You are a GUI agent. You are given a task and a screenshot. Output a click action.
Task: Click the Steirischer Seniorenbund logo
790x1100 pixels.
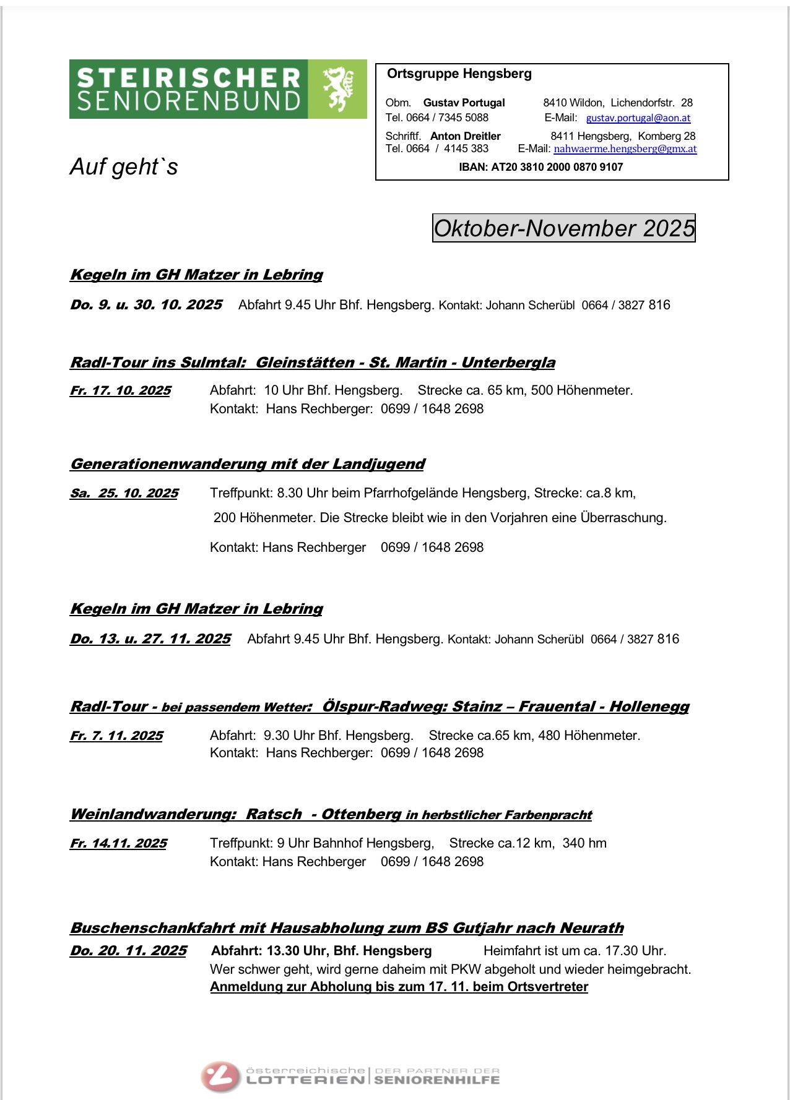(x=217, y=89)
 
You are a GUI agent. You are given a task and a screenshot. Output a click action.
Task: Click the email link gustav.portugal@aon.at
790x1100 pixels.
(x=638, y=118)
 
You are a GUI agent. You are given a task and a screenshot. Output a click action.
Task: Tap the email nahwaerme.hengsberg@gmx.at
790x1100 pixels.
(x=625, y=149)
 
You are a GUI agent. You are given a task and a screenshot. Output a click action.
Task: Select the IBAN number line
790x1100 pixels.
(x=540, y=167)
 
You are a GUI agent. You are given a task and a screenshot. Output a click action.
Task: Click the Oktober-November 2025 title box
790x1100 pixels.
(x=563, y=228)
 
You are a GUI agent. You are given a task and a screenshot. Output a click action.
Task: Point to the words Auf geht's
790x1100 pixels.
(x=124, y=167)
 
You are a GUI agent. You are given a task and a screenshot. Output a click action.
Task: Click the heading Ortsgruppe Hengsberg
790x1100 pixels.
(x=459, y=74)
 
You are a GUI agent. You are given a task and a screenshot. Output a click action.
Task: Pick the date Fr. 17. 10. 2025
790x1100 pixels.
(x=120, y=391)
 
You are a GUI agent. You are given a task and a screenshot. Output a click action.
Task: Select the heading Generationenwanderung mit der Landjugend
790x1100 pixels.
(x=247, y=464)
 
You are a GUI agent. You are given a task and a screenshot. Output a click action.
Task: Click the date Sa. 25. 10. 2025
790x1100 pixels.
(x=124, y=494)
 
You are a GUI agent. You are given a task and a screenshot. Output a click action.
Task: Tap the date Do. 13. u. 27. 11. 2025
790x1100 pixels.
(x=150, y=639)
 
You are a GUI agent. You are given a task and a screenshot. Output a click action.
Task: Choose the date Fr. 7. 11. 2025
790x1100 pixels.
(x=116, y=736)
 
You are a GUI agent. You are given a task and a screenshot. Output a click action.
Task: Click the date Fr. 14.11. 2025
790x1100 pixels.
(x=118, y=844)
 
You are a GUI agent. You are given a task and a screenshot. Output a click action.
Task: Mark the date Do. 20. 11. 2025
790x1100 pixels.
(x=128, y=951)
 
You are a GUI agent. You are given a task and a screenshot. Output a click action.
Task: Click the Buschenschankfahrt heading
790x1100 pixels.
(x=347, y=928)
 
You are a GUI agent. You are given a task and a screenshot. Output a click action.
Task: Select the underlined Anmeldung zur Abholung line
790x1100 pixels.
(x=399, y=987)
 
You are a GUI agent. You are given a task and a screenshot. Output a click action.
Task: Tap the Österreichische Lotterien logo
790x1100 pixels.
(x=350, y=1076)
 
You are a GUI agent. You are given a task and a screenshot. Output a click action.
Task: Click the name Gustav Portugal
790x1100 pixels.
(x=464, y=103)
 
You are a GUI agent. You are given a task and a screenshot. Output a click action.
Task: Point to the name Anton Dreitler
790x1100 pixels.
(x=465, y=136)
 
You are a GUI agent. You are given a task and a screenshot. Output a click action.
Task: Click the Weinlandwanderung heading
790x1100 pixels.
(x=331, y=815)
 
